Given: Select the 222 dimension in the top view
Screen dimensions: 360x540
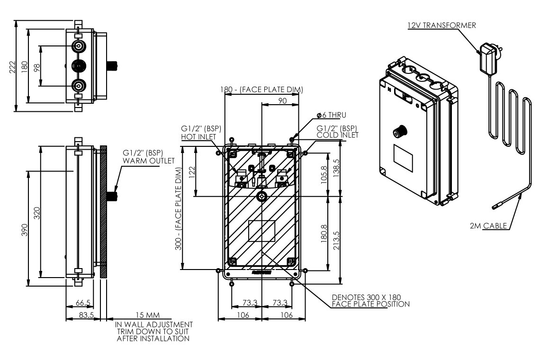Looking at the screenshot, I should click(x=13, y=67).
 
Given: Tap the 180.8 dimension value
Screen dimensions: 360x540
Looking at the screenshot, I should click(x=324, y=233).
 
